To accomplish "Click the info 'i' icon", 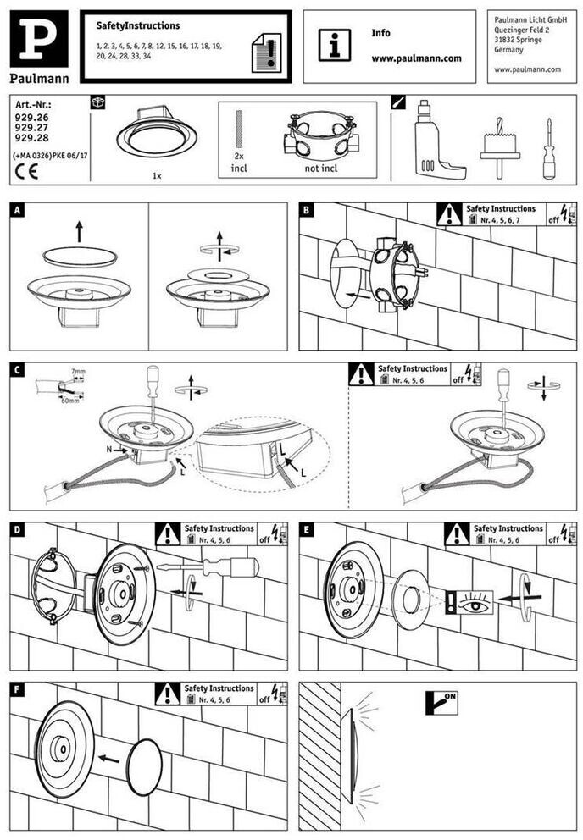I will (334, 44).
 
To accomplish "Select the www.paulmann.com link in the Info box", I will (416, 58).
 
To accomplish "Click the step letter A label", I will (19, 209).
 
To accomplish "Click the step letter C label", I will (19, 369).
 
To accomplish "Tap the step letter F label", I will (19, 689).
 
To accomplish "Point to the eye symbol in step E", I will (475, 603).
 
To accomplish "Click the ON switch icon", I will (441, 701).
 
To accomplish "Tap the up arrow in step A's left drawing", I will (79, 230).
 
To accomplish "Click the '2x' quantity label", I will (238, 157).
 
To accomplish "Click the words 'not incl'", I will (321, 168).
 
